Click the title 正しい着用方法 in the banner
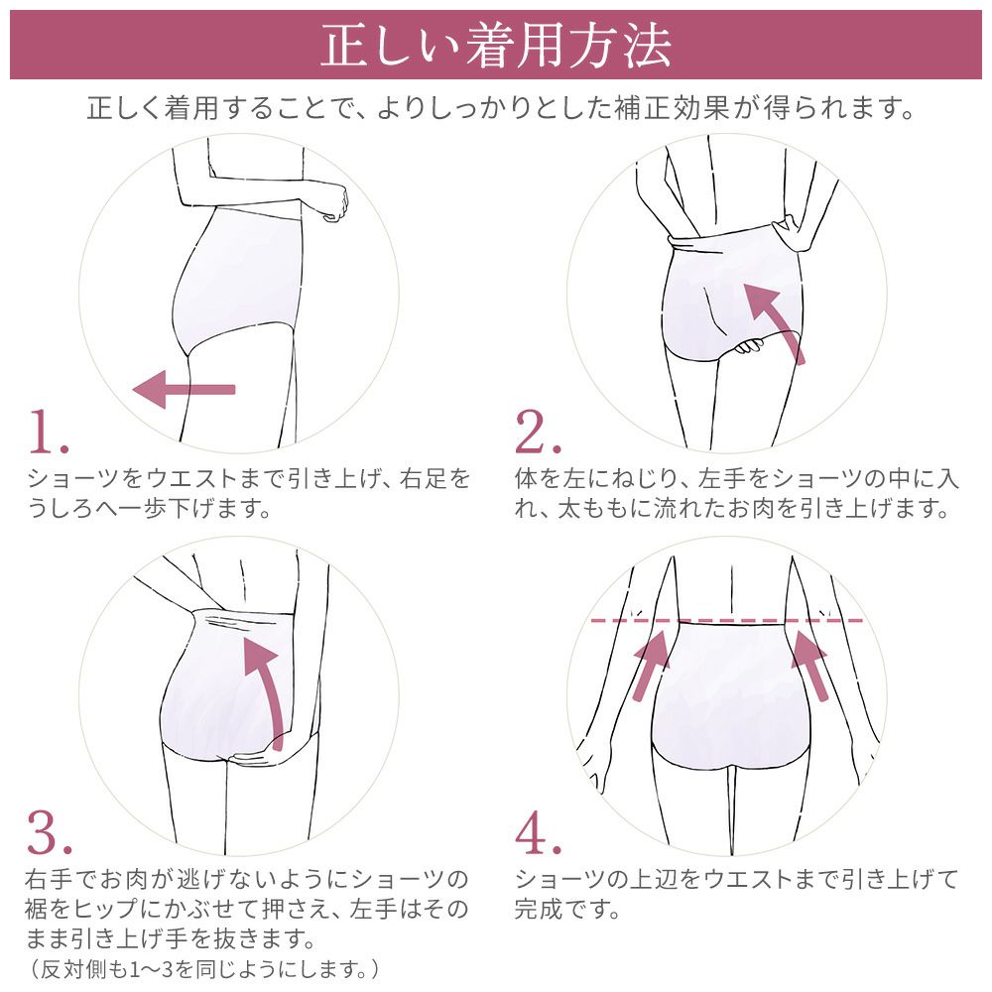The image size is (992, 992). tap(496, 46)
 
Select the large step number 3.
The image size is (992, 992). tap(50, 834)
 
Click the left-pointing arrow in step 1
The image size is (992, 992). tap(184, 389)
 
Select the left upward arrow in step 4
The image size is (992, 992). tap(651, 664)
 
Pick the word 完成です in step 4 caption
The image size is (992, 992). tap(566, 908)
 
